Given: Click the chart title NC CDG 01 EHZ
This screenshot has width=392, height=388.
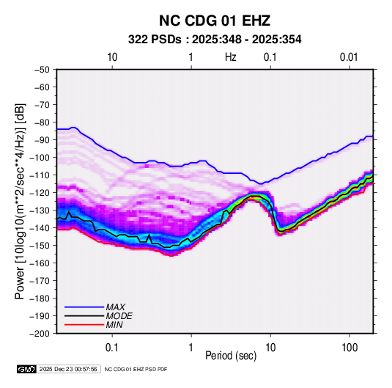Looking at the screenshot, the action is click(x=215, y=21).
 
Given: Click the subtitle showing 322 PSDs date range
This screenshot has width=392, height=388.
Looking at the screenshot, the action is click(x=215, y=40).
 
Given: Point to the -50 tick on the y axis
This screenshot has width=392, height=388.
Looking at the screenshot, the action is click(x=42, y=70).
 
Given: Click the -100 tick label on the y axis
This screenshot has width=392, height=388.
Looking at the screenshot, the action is click(x=40, y=158).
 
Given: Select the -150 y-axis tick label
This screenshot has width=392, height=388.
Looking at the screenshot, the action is click(x=40, y=246).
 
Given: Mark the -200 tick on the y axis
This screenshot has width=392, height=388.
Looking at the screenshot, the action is click(x=40, y=334).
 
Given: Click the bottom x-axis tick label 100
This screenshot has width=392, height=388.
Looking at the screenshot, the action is click(x=350, y=348).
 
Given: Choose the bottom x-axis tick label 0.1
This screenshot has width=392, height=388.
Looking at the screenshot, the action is click(x=112, y=348).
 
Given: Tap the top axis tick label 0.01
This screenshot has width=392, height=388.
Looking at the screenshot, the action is click(x=349, y=57).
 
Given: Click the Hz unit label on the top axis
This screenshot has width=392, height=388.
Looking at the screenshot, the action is click(x=231, y=57).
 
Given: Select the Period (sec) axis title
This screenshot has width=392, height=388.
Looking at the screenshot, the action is click(x=231, y=356).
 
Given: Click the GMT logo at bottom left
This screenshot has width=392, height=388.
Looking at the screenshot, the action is click(x=26, y=369).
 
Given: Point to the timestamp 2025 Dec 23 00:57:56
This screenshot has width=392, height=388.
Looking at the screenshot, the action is click(x=68, y=369).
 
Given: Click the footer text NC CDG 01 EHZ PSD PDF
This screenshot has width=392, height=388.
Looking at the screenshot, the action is click(x=136, y=369).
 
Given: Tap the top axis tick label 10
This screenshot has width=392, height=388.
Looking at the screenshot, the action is click(x=112, y=57).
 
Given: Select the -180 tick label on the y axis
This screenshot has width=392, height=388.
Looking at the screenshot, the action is click(x=40, y=299).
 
